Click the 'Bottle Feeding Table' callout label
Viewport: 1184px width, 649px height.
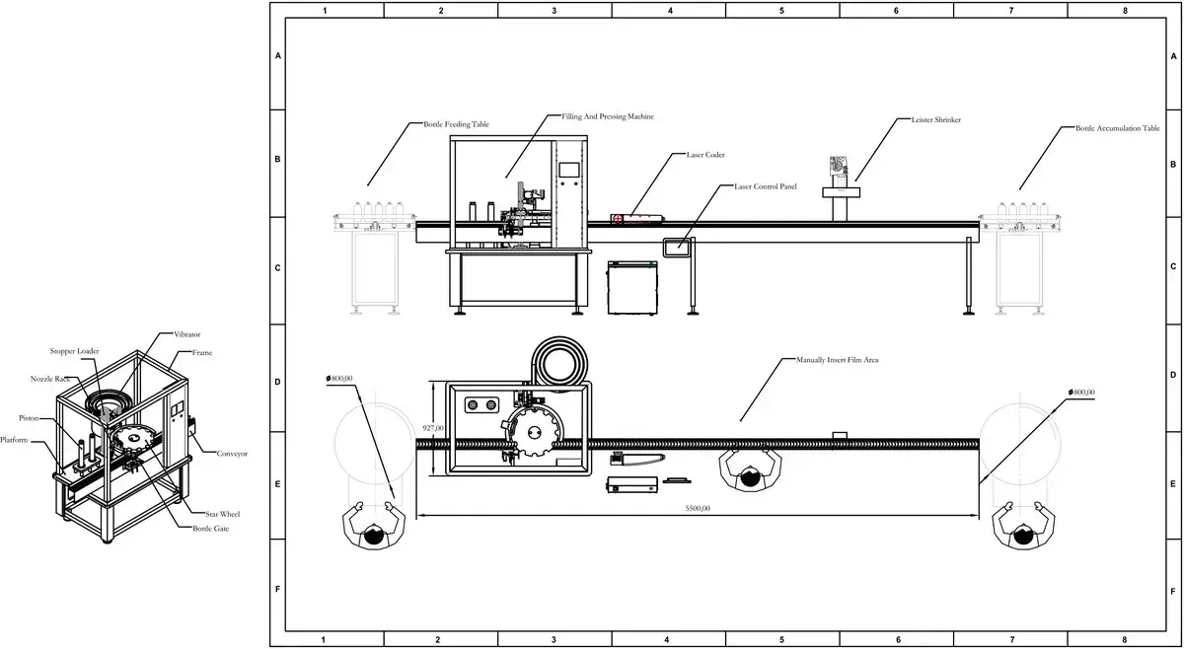coord(456,124)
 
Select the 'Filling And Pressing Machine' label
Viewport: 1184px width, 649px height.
coord(608,116)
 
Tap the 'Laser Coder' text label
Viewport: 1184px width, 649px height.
coord(705,155)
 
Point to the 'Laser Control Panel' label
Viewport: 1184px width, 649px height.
coord(766,185)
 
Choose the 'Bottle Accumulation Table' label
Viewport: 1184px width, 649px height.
coord(1117,129)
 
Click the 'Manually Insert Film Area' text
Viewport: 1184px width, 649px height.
coord(837,360)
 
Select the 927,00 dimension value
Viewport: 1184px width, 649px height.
coord(433,428)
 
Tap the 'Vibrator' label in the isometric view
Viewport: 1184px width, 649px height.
coord(187,335)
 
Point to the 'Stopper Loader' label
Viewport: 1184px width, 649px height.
coord(75,351)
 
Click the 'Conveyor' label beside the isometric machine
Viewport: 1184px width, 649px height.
coord(232,454)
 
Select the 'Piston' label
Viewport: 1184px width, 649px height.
coord(29,417)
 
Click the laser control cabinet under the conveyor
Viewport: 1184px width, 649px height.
coord(632,287)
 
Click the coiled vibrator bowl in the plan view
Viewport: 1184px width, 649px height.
coord(558,363)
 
